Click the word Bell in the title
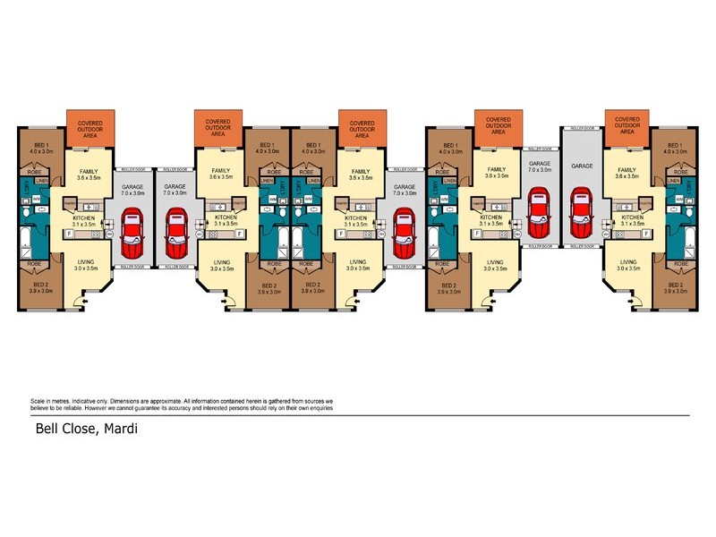coord(47,428)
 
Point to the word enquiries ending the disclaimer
coord(314,408)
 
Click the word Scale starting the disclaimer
coord(38,401)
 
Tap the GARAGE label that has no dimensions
coord(583,166)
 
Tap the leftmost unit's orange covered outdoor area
coord(90,128)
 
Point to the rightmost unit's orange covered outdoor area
coord(627,128)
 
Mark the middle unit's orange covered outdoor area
coord(362,128)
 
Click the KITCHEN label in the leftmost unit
coord(86,217)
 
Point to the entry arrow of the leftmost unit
coord(83,302)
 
